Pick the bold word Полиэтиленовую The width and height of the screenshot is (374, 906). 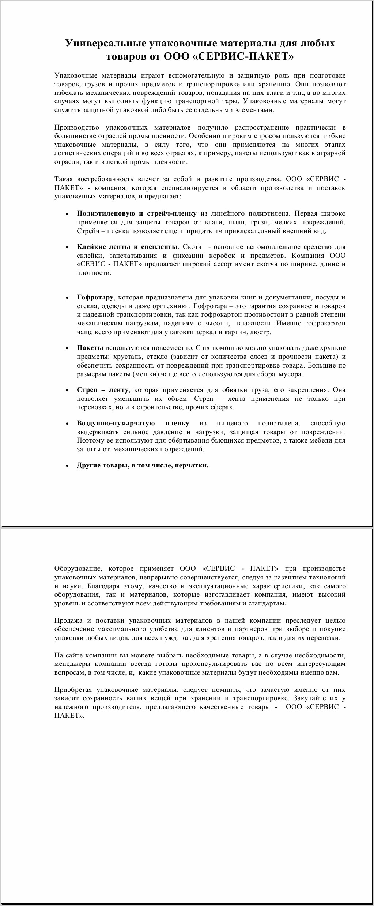point(102,213)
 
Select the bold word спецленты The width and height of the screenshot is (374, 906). point(160,247)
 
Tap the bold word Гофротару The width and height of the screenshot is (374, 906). point(95,297)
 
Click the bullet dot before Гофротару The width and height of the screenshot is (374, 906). point(67,298)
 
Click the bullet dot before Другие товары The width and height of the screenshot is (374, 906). point(67,466)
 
